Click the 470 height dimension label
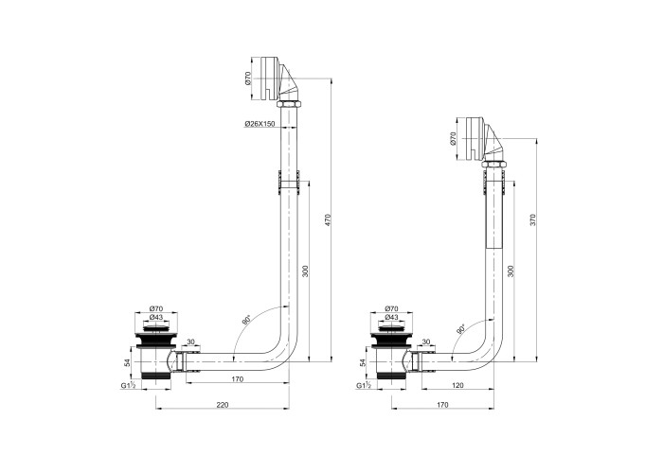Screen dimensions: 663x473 point(328,220)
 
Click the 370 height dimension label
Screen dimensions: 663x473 point(533,219)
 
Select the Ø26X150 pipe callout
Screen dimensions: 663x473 point(260,124)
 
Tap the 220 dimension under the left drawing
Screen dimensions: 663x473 point(223,405)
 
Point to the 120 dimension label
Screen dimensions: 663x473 point(457,385)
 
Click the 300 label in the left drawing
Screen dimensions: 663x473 point(306,272)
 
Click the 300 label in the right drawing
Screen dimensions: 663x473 point(511,272)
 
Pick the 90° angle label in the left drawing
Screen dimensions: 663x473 point(246,320)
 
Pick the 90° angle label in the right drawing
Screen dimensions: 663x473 point(460,329)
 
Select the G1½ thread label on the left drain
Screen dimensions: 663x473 point(128,385)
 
